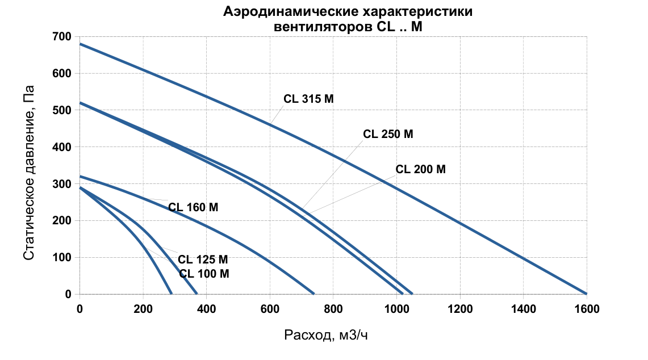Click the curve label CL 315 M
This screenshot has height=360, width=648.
coord(308,99)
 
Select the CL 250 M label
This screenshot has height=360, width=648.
coord(388,135)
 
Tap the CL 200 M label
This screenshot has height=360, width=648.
coord(420,169)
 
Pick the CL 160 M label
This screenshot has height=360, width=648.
coord(193,207)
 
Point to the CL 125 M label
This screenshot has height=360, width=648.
coord(203,259)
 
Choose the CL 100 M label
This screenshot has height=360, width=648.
coord(204,274)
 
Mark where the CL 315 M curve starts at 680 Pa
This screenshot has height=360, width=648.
coord(80,44)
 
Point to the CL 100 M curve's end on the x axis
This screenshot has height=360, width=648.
coord(171,294)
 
